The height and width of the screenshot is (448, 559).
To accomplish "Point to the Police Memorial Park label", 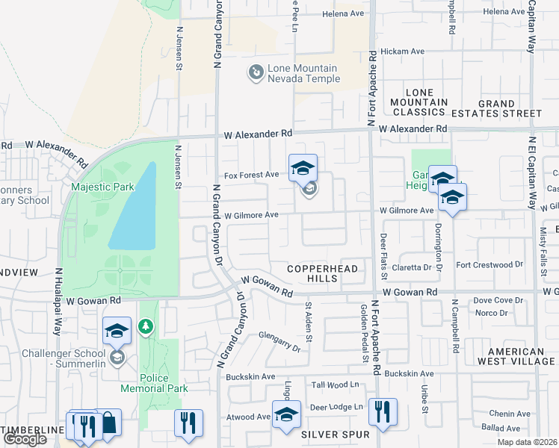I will click(155, 383).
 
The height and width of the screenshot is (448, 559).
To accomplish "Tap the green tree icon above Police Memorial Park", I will click(146, 326).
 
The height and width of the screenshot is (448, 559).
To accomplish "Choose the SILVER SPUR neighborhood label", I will click(336, 434).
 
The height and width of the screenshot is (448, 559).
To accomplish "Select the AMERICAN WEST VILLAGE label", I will click(516, 356).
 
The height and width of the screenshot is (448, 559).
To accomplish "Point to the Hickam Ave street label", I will click(402, 52).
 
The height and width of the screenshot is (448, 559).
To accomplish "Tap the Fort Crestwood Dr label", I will click(489, 264).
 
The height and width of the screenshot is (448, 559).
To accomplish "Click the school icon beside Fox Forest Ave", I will click(303, 168).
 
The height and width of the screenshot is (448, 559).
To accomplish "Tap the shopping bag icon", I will click(108, 423).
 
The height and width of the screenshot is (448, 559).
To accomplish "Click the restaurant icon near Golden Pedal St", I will click(382, 411).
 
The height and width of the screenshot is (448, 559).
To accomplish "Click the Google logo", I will click(25, 439).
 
